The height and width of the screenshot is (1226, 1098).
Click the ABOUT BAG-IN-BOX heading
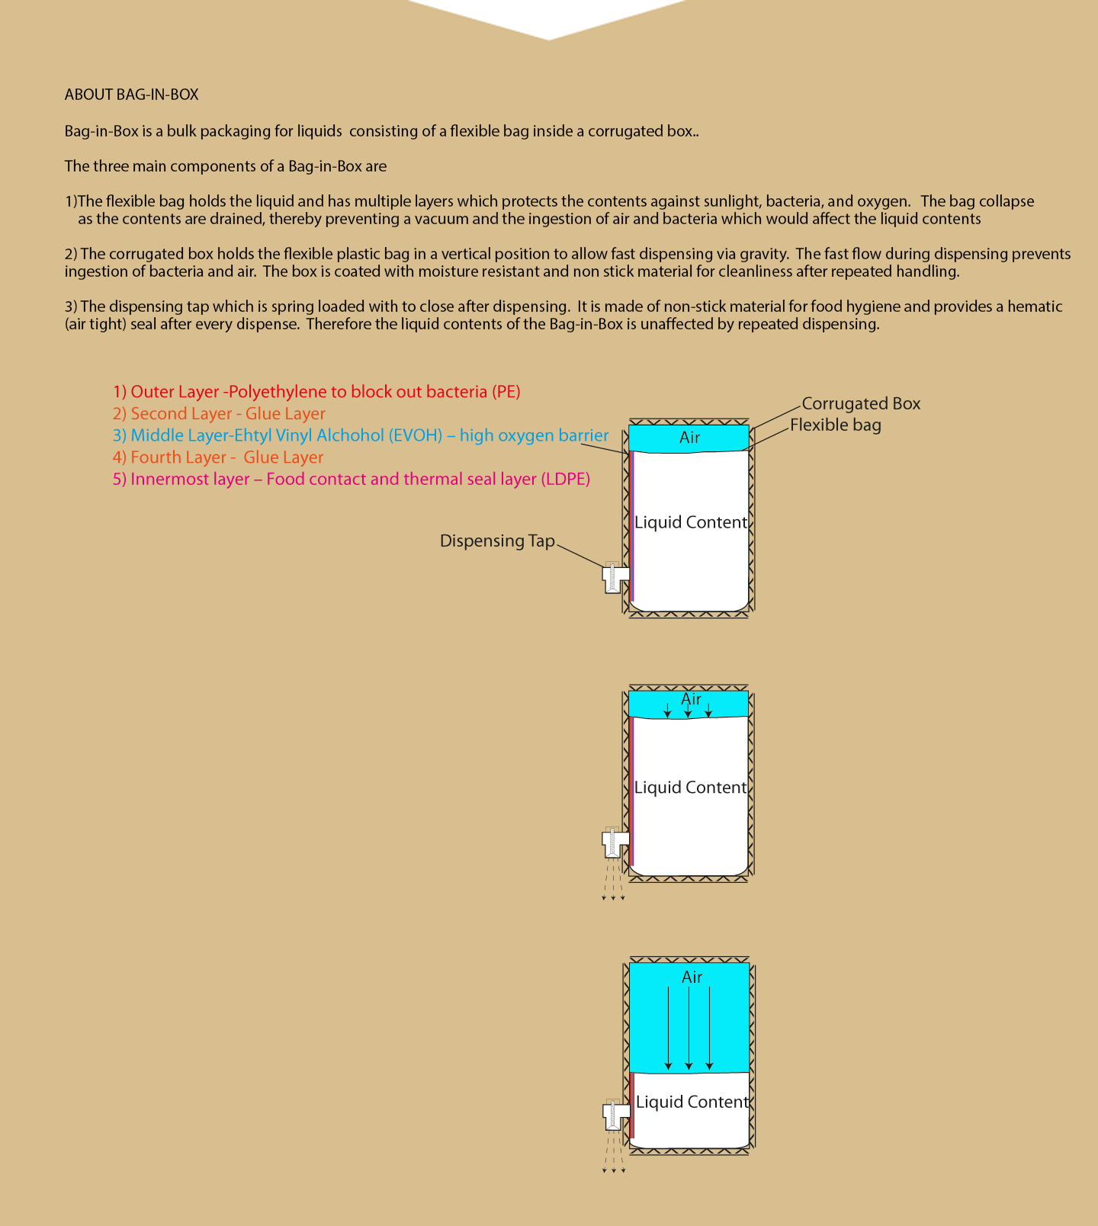coord(131,95)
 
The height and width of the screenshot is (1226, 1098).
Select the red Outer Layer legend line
coord(316,392)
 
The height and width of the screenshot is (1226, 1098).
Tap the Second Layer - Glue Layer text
coord(219,414)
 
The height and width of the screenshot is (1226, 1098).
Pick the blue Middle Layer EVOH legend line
coord(361,435)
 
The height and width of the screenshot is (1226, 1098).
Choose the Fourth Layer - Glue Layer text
coord(218,457)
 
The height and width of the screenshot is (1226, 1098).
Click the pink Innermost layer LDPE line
coord(352,480)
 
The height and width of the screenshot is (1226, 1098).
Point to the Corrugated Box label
coord(861,403)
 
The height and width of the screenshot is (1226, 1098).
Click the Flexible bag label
coord(835,425)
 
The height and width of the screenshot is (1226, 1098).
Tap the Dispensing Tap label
coord(497,541)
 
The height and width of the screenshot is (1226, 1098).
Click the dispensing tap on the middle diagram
coord(614,842)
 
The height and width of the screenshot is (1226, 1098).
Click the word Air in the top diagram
coord(689,438)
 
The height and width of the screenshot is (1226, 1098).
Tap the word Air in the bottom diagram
coord(692,977)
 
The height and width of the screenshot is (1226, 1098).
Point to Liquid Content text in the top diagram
coord(691,522)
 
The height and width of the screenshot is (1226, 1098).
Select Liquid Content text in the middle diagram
coord(690,788)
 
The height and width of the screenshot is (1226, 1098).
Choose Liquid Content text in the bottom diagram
coord(692,1102)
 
